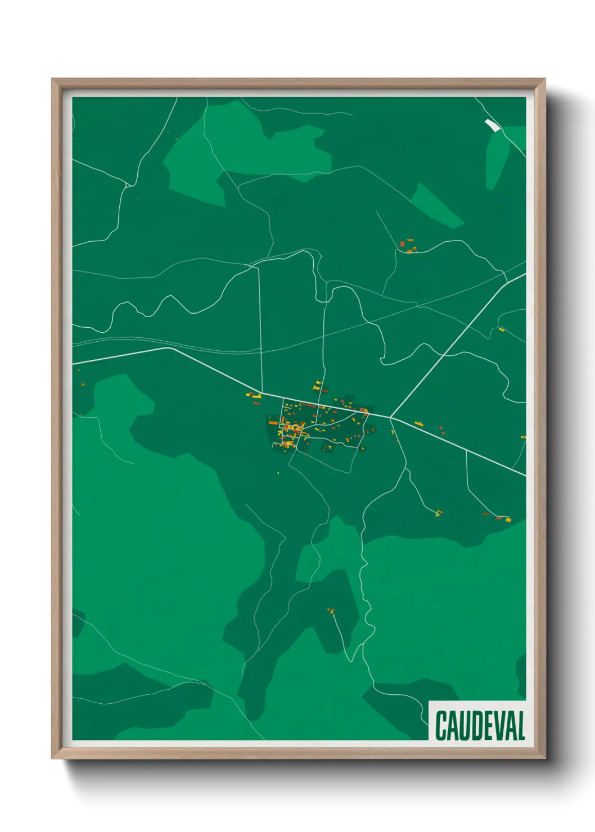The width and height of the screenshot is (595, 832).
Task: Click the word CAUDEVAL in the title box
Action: pos(480,726)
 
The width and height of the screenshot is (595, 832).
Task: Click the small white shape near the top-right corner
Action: pos(492,125)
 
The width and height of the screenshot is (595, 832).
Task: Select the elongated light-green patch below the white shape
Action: pos(497,160)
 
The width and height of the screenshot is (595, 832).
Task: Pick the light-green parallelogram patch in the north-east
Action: pos(438,206)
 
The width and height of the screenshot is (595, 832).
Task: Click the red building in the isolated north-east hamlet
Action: pos(403,244)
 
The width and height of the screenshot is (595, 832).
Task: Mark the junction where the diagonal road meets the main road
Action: pos(391,417)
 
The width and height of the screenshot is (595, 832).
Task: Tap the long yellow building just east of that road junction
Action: pos(418,423)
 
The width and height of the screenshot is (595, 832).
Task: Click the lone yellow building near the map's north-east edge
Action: pos(502,329)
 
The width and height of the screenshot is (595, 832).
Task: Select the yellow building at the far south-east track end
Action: pos(508,519)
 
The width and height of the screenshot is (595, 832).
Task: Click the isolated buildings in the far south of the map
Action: pos(331,611)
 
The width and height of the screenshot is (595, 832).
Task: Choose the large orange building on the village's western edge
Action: pos(273,422)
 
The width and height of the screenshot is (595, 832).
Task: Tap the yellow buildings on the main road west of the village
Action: pos(254,396)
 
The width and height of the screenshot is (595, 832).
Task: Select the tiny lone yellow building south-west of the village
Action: pos(278,472)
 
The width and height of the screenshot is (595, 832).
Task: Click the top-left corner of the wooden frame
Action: pos(53,80)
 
